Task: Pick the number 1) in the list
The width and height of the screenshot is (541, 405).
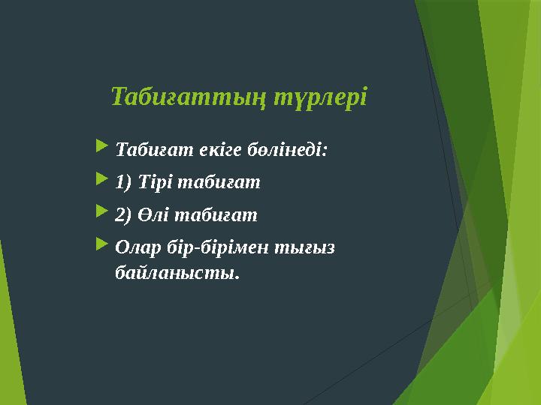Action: pyautogui.click(x=124, y=182)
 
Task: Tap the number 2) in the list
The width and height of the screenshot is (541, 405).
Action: pyautogui.click(x=124, y=215)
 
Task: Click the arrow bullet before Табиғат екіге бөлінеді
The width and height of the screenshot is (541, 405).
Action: pyautogui.click(x=102, y=148)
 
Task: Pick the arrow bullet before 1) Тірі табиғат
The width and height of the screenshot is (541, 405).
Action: pyautogui.click(x=102, y=181)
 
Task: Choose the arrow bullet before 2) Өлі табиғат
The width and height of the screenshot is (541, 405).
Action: pyautogui.click(x=102, y=214)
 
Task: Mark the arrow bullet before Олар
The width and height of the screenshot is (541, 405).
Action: pyautogui.click(x=102, y=247)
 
